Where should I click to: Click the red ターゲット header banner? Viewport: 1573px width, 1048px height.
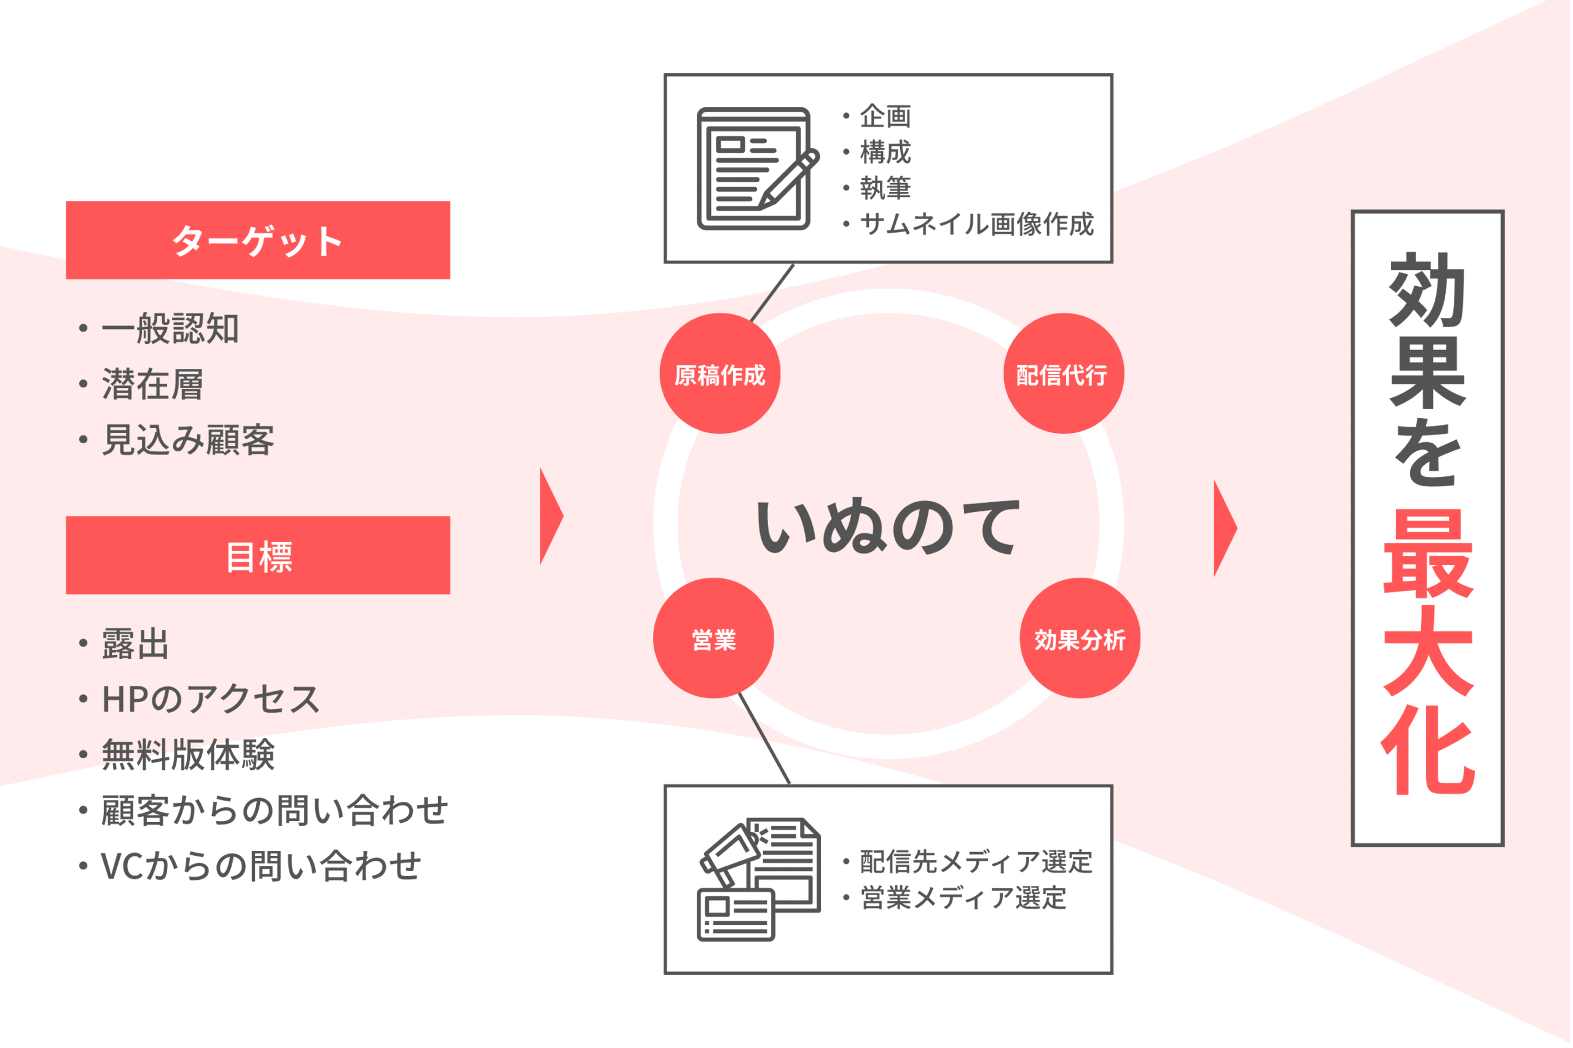(x=258, y=240)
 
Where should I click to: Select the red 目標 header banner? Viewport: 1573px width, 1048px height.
(x=258, y=556)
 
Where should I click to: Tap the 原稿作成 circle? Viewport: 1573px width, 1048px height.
(x=720, y=374)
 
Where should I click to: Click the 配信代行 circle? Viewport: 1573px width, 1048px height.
(x=1064, y=374)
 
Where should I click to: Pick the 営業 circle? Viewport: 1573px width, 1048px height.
(x=713, y=639)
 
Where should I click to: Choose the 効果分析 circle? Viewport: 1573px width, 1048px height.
(x=1080, y=639)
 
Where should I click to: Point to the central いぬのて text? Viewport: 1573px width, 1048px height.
(x=888, y=527)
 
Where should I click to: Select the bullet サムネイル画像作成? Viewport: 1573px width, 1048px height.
(x=968, y=224)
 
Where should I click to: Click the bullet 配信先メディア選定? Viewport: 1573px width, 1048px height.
(x=968, y=861)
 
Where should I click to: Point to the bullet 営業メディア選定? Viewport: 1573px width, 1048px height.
(x=954, y=898)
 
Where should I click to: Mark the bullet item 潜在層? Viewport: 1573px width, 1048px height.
(x=141, y=384)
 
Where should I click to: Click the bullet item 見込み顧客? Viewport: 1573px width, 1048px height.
(x=176, y=440)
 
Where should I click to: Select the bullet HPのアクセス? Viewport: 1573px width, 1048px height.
(x=199, y=699)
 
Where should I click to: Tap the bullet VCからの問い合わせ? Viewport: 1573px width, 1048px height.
(x=250, y=866)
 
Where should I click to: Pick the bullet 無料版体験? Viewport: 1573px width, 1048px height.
(x=176, y=755)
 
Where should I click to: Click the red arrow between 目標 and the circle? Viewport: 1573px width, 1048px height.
(x=552, y=516)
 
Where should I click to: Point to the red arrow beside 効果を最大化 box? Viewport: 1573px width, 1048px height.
(x=1225, y=528)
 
